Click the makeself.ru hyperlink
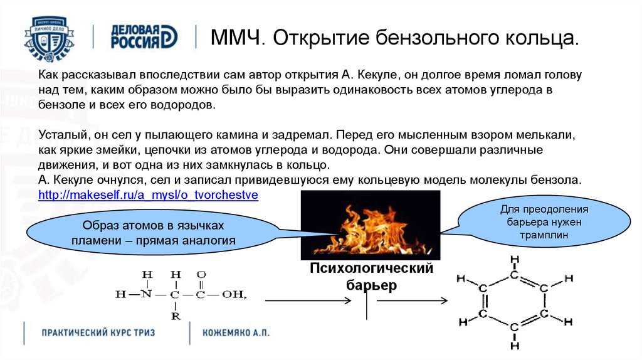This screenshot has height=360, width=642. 148,195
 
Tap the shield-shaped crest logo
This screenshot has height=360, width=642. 50,38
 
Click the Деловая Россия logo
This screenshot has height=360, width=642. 144,37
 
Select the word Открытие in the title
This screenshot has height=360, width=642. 319,38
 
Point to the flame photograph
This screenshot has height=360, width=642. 371,225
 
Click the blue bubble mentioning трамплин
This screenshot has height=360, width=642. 544,222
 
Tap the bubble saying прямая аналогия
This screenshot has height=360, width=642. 153,233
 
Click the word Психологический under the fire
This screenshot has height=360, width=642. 371,268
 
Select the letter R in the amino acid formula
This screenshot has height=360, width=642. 176,316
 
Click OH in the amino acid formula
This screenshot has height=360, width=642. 233,295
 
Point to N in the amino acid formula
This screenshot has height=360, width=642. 146,294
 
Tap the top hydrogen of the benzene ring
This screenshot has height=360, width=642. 515,260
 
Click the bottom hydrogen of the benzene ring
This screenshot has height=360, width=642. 515,345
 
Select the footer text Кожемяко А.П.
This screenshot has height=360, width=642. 236,332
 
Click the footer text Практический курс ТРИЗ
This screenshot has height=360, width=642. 98,332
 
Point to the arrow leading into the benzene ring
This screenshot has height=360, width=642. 413,301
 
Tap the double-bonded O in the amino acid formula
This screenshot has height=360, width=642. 201,275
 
